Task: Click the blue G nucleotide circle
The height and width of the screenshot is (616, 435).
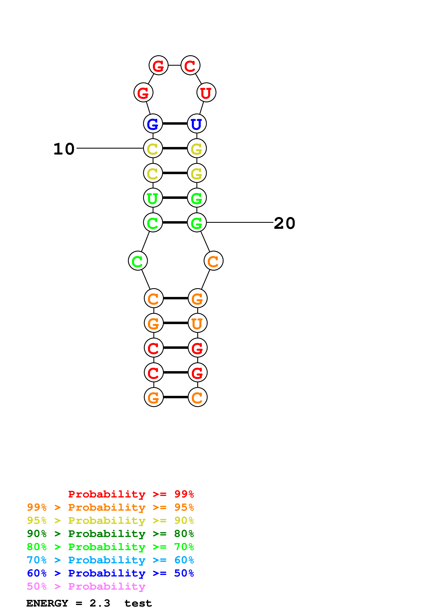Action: coord(153,123)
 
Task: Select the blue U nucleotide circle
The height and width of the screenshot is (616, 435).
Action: coord(197,123)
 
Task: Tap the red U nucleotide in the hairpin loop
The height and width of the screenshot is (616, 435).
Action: coord(206,93)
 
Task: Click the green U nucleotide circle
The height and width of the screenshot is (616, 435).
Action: coord(153,198)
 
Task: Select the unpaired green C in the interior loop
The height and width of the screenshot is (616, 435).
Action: coord(138,261)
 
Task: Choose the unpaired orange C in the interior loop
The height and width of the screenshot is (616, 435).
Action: coord(213,261)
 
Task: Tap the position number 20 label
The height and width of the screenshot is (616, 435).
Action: coord(284,223)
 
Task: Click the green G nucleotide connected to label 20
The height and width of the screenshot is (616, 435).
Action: coord(197,222)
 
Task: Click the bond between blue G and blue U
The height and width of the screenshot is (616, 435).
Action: coord(175,123)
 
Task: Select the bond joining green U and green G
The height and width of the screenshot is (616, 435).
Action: coord(175,198)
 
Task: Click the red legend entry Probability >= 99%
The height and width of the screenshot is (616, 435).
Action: coord(131,494)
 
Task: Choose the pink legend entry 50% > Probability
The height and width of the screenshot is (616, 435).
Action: coord(86,586)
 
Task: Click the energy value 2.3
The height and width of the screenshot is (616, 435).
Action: coord(100,603)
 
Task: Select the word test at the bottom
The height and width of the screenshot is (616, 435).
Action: coord(138,603)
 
